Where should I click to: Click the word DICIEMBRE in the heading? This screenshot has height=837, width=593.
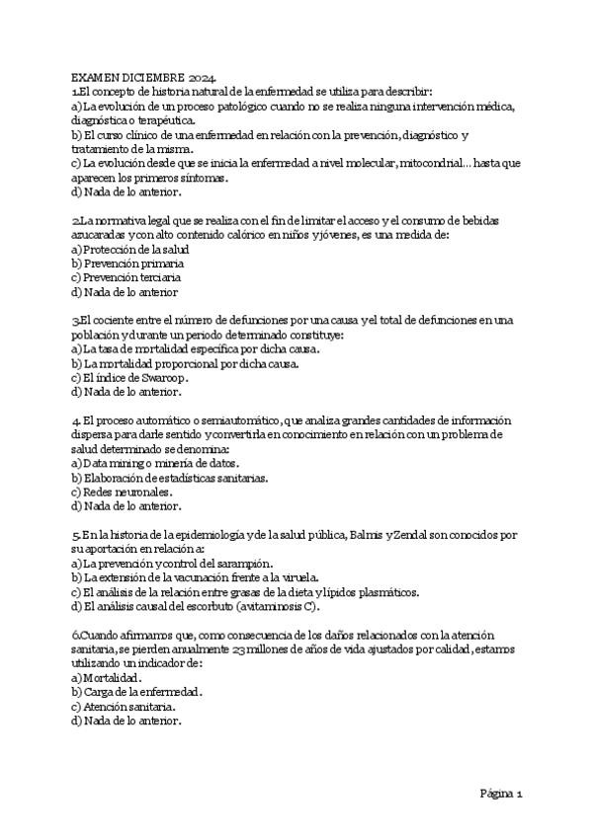click(150, 78)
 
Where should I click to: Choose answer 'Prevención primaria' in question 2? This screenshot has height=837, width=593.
click(132, 264)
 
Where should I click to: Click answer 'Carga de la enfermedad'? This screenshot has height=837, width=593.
click(142, 692)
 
